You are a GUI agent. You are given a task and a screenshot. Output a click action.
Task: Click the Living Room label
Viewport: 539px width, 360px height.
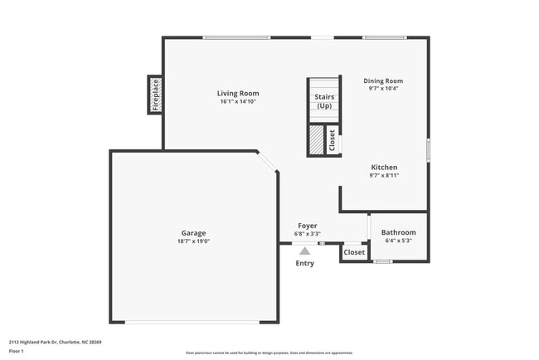coord(238,93)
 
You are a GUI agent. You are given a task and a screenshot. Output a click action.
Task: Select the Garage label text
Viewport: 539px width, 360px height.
coord(194,233)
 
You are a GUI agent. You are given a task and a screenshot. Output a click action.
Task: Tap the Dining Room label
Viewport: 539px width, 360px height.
coord(383,80)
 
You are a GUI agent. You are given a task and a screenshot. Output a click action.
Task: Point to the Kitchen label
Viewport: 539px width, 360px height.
coord(384,167)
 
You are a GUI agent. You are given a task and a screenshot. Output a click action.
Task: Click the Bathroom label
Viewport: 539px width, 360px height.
coord(399,232)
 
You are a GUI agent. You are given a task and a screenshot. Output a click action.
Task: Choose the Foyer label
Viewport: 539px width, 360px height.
coord(308,226)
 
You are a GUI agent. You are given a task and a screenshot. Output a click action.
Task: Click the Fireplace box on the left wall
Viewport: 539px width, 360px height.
coord(154,94)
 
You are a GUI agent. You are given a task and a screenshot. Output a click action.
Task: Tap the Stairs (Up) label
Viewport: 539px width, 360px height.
coord(323,101)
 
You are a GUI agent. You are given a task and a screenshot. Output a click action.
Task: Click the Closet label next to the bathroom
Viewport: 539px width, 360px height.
coord(354,252)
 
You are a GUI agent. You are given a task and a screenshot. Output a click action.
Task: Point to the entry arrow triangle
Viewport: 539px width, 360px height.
coord(305,250)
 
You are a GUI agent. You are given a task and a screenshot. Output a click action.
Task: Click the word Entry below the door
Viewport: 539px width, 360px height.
coord(305,264)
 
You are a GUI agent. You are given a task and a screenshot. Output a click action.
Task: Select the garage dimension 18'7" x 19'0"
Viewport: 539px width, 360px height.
coord(194,241)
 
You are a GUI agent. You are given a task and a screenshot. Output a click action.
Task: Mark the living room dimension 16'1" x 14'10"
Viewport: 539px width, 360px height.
coord(238,102)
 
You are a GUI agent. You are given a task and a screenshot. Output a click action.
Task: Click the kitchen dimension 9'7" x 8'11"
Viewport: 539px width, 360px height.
coord(384,175)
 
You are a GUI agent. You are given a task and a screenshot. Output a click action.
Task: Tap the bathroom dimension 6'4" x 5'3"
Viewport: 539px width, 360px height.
coord(399,241)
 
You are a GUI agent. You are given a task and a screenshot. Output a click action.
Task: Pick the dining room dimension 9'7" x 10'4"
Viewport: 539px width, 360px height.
coord(383,88)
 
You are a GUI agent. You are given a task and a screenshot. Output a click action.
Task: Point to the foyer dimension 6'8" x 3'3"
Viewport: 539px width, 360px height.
coord(308,234)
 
